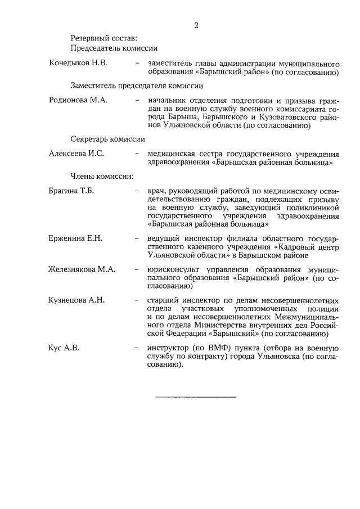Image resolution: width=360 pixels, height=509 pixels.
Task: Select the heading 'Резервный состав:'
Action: coord(103,38)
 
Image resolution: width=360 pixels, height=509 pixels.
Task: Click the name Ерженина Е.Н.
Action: coord(75,238)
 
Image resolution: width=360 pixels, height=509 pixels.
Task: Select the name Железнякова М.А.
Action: coord(82,269)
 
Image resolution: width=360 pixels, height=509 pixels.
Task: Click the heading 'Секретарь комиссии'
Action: coord(108,138)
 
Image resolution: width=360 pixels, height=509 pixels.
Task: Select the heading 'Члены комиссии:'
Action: coord(102,177)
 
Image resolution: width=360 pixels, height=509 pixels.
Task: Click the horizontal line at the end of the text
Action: coord(195,397)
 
